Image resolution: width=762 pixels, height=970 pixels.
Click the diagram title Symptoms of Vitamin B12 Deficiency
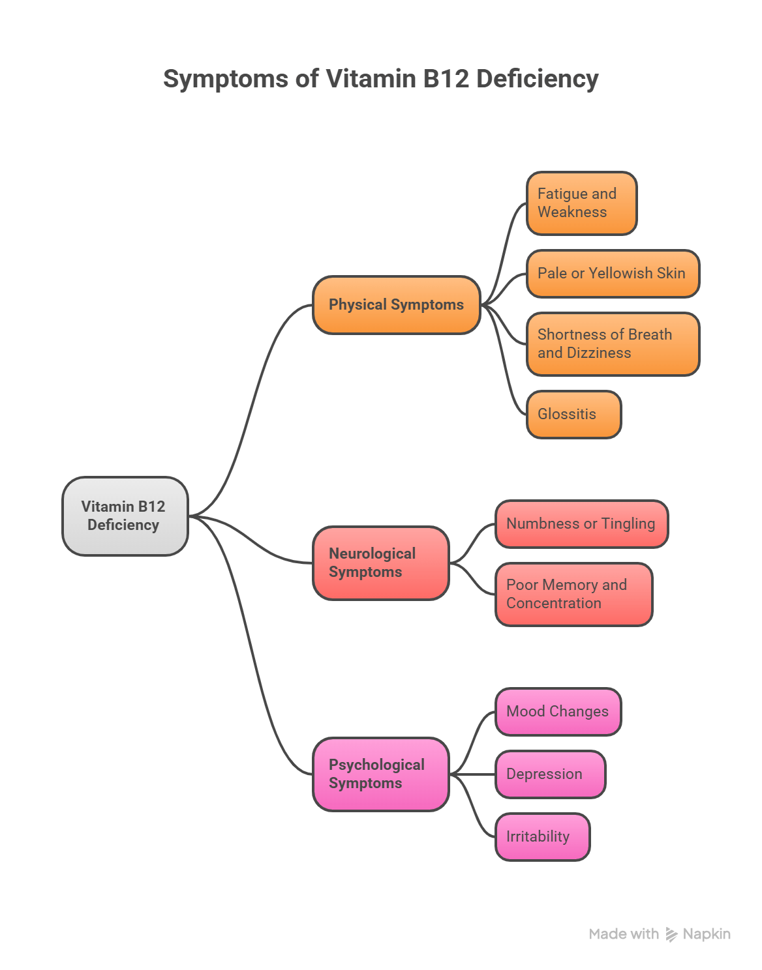point(380,79)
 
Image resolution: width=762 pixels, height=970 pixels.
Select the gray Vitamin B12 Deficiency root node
point(125,516)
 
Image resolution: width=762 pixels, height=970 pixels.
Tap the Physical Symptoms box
point(396,305)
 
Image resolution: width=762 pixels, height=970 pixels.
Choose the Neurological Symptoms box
point(380,563)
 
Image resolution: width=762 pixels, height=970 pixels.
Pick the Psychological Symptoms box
point(380,774)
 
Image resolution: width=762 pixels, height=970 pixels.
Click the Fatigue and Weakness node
point(581,203)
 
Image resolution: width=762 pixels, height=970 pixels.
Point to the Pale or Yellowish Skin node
point(612,273)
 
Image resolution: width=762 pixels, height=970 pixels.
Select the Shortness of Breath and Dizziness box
point(612,344)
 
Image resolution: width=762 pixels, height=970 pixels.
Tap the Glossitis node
point(573,414)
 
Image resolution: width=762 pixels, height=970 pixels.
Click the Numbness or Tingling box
point(581,523)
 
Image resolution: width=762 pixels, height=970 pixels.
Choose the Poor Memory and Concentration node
point(573,594)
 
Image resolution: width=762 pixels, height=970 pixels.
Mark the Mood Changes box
point(558,711)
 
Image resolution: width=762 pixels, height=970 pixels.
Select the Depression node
point(550,774)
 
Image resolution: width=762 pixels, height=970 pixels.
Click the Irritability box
point(542,836)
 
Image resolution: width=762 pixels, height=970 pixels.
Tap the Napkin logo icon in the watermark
point(671,934)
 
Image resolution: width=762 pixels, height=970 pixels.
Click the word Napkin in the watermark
point(707,934)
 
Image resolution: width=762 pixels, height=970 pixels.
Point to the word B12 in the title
point(446,79)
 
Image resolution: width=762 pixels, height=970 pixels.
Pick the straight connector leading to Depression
point(473,774)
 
